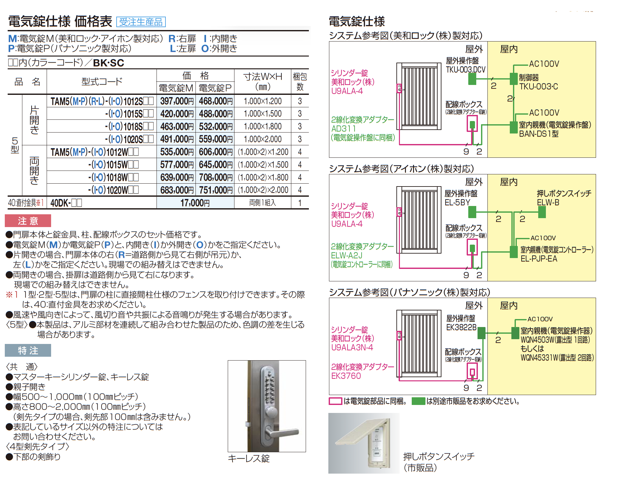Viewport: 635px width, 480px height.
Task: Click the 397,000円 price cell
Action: [177, 101]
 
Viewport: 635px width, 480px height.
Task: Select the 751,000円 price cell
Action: [215, 190]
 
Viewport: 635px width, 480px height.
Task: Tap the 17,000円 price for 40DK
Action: [195, 203]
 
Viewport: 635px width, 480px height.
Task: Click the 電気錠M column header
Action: [176, 88]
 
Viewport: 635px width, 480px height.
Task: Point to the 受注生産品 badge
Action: [141, 22]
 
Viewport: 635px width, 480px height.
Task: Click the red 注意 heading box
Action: [28, 221]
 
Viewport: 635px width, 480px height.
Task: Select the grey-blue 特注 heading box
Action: [28, 350]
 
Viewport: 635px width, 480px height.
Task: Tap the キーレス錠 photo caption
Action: [249, 459]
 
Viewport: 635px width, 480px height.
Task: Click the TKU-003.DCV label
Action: [465, 70]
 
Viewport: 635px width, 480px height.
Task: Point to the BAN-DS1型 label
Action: [539, 134]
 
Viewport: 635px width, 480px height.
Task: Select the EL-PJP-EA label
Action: [539, 259]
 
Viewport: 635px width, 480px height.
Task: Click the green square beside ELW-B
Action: [542, 212]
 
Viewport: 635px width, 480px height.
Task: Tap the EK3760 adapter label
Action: [346, 376]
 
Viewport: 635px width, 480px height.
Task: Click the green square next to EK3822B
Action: [481, 333]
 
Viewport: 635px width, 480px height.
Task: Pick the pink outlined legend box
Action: [335, 401]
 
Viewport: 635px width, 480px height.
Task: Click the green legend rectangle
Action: [418, 401]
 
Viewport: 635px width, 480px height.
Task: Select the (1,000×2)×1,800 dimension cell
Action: [263, 177]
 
